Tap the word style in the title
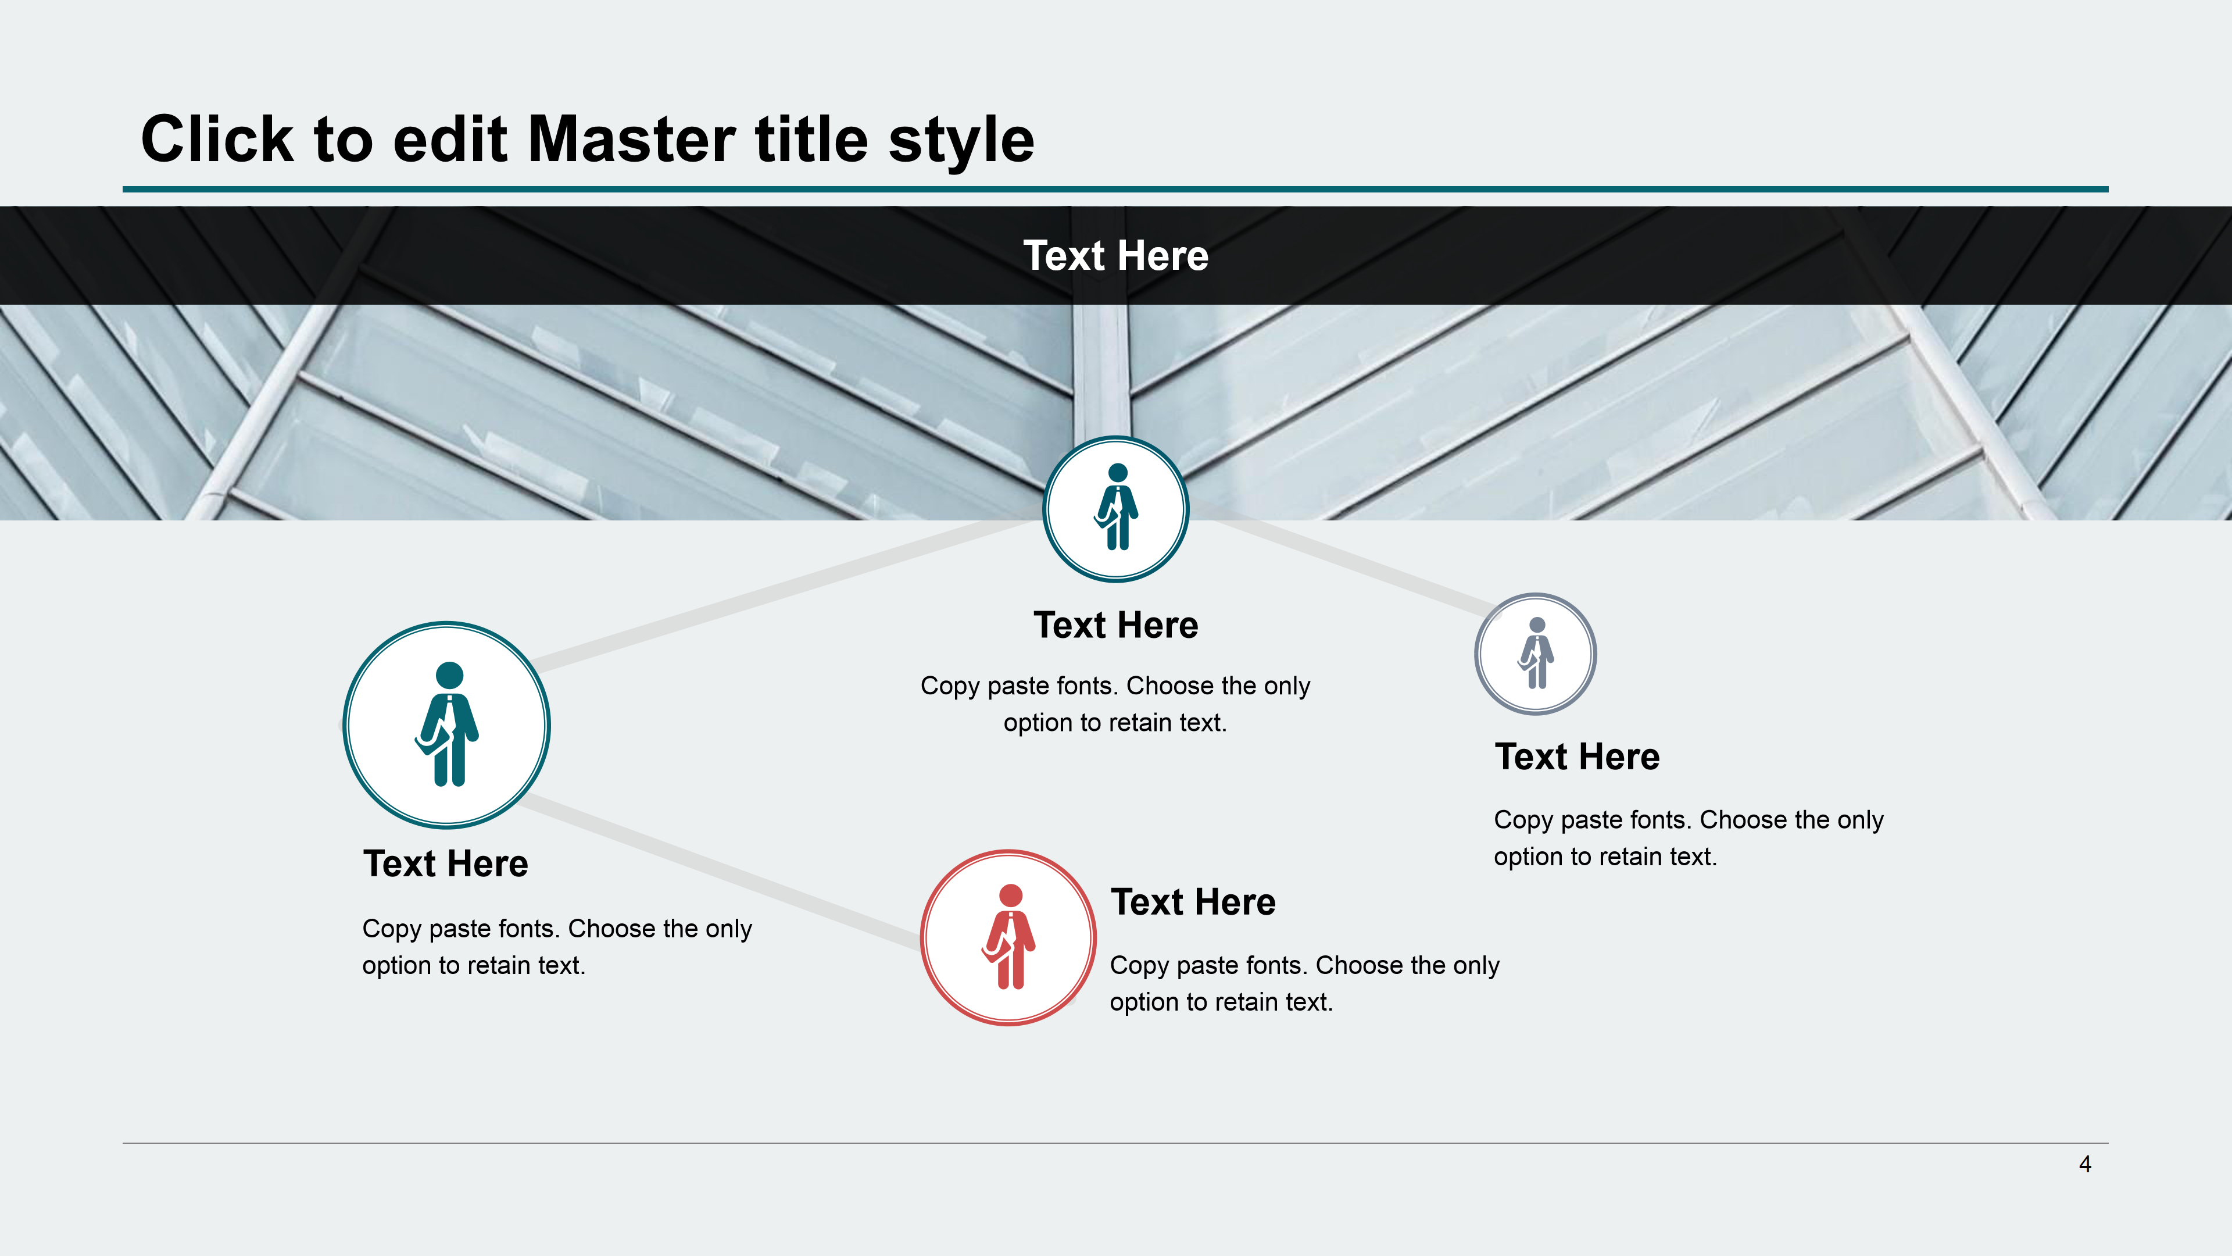[x=961, y=142]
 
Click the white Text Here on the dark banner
[x=1115, y=256]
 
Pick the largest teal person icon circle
[x=446, y=725]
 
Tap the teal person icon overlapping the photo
[x=1116, y=509]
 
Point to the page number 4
[x=2085, y=1164]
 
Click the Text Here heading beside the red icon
[x=1193, y=902]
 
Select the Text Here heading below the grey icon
[x=1577, y=757]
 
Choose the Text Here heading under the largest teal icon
[x=445, y=863]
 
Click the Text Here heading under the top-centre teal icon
[x=1116, y=625]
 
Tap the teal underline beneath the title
[x=1115, y=189]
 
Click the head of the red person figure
[x=1010, y=895]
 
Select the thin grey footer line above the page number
[x=1115, y=1143]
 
